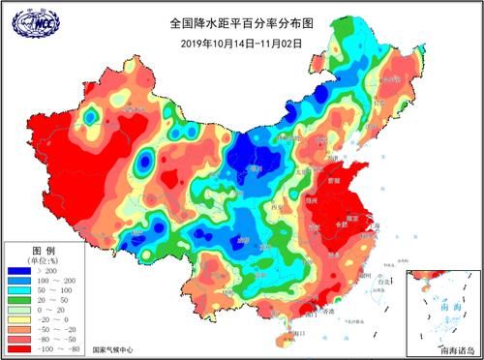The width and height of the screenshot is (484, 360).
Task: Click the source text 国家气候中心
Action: pos(114,349)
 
